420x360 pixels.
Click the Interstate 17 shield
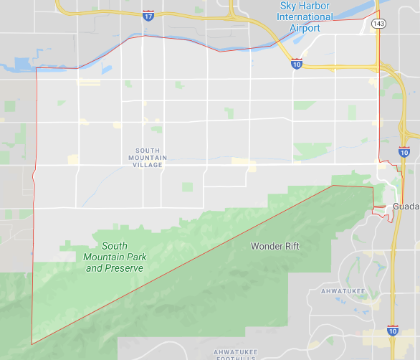coord(148,14)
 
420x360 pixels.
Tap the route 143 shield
coord(379,24)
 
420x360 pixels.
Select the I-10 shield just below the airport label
coord(297,64)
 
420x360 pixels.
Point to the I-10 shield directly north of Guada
coord(404,152)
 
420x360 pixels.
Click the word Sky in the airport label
coord(290,6)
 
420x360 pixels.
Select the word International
coord(306,17)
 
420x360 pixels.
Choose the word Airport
coord(304,28)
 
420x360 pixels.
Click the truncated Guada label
coord(406,207)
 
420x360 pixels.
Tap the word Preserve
coord(124,268)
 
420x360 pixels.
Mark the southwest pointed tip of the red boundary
coord(32,344)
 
